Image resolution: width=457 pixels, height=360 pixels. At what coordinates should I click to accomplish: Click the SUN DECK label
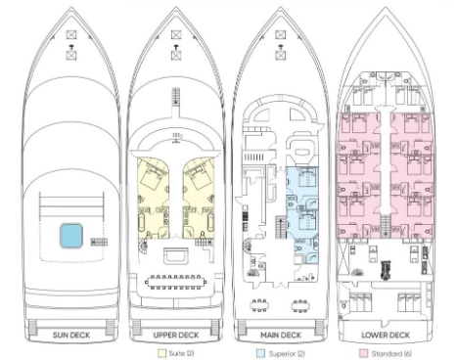71,335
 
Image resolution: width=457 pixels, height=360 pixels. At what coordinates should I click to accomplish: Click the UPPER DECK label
176,335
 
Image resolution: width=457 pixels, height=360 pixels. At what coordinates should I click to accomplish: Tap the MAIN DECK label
281,335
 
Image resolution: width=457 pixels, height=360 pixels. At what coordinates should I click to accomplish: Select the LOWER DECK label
386,335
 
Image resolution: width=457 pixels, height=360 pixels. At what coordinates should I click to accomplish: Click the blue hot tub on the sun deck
71,236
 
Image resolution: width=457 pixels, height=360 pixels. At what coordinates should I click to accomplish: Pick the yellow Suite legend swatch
161,353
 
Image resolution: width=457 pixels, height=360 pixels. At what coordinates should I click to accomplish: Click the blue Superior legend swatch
260,353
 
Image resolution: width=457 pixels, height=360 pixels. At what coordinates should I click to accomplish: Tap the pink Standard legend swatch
363,353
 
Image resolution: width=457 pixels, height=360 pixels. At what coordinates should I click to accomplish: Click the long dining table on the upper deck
176,282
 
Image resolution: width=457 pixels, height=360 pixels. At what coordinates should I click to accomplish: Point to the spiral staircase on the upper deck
143,245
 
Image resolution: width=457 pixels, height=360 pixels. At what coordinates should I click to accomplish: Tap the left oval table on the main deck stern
259,305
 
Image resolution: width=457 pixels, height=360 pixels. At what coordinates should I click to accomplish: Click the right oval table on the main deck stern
300,305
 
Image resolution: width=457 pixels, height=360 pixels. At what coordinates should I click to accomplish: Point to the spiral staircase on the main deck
248,246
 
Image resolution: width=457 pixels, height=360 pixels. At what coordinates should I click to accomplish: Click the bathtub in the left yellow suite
142,223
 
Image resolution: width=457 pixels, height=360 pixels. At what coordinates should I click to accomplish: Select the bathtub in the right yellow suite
210,223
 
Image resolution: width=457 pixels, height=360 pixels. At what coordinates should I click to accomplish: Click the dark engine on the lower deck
386,270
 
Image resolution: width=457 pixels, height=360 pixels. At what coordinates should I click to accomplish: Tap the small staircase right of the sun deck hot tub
99,242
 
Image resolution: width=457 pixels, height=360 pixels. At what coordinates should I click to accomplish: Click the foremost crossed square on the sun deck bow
71,34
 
